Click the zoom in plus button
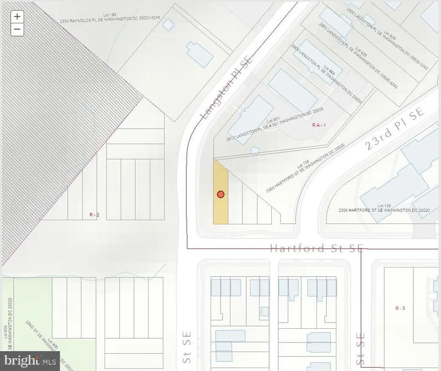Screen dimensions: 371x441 pyautogui.click(x=17, y=17)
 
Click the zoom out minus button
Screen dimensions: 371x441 pyautogui.click(x=17, y=29)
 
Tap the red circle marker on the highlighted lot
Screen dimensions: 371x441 pyautogui.click(x=220, y=195)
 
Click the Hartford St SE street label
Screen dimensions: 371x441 pyautogui.click(x=317, y=248)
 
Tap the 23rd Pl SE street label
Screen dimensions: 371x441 pyautogui.click(x=394, y=129)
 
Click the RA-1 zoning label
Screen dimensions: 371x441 pyautogui.click(x=320, y=125)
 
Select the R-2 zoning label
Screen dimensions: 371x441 pyautogui.click(x=94, y=214)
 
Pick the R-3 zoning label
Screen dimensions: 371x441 pyautogui.click(x=400, y=308)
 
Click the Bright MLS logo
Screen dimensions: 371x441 pyautogui.click(x=30, y=360)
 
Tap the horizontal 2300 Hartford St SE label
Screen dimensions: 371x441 pyautogui.click(x=384, y=210)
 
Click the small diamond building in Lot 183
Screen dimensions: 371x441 pyautogui.click(x=168, y=25)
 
